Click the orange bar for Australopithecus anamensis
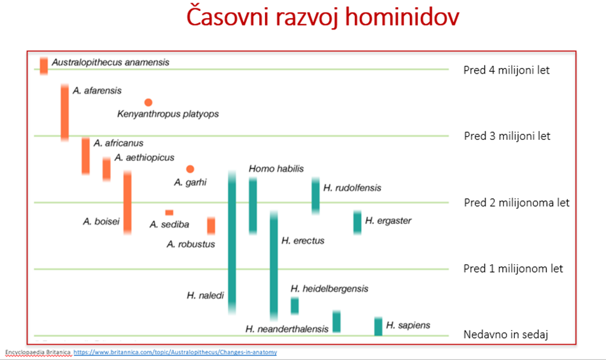[44, 65]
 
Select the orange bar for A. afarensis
[65, 112]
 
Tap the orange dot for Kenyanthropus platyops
[148, 103]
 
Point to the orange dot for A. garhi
[190, 169]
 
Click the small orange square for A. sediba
[169, 212]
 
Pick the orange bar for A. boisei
[127, 203]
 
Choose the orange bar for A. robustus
[211, 226]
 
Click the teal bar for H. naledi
[232, 243]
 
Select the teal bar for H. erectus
[274, 266]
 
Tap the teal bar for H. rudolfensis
[316, 196]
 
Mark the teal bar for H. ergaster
[357, 222]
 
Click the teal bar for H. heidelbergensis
[294, 305]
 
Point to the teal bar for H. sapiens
[378, 327]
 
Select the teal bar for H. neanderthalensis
[336, 321]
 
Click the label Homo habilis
[276, 169]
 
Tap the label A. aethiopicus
[144, 158]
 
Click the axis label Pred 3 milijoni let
[507, 136]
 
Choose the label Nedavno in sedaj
[505, 334]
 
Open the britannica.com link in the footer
[175, 352]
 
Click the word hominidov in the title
[402, 17]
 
